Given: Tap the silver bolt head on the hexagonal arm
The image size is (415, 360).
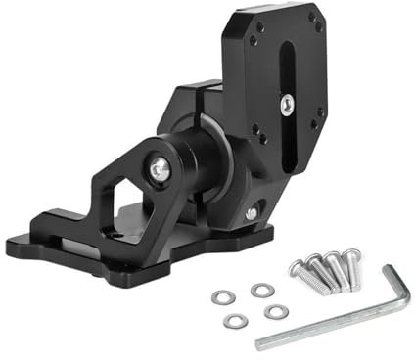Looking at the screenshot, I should (160, 170).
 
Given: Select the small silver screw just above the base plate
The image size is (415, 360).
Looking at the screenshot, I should (253, 212).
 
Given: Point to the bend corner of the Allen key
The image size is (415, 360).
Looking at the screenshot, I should (404, 304).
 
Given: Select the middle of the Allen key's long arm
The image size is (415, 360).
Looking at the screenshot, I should (333, 324).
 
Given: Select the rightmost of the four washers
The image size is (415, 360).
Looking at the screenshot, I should (277, 310).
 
